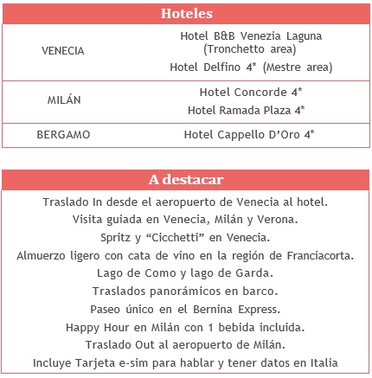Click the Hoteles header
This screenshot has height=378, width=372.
(x=187, y=14)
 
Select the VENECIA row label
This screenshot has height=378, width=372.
(x=63, y=50)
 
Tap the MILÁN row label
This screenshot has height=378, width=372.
(x=63, y=99)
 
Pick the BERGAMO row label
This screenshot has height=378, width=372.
(x=63, y=135)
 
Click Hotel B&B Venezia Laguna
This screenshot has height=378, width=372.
(x=250, y=35)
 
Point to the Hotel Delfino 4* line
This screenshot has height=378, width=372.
(x=250, y=66)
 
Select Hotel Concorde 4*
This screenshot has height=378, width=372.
(x=250, y=91)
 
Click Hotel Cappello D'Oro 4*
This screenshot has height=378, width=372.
(x=250, y=135)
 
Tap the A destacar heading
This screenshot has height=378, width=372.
(x=187, y=180)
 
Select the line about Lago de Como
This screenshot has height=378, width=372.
(x=185, y=272)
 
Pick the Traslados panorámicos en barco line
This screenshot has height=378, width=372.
(x=185, y=291)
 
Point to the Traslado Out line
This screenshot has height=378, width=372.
(x=185, y=345)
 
